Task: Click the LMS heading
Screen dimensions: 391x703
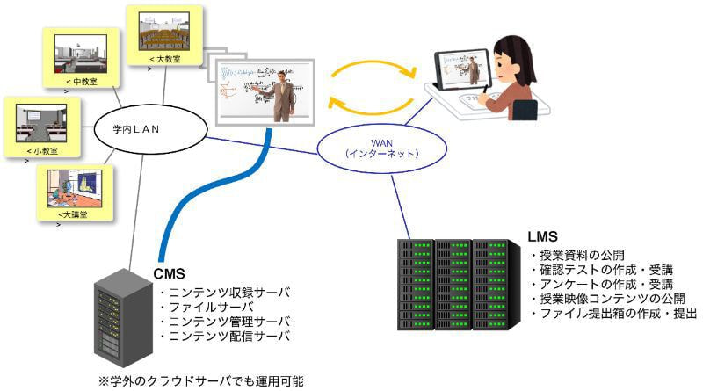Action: pos(543,237)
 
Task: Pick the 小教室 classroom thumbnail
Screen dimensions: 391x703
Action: pos(40,122)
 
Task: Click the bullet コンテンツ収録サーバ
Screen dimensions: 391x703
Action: pos(223,292)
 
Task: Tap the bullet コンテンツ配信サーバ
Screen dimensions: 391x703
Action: pos(223,337)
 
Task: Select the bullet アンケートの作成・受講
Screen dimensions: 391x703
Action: pos(602,284)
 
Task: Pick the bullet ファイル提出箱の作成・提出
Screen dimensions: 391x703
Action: pos(614,313)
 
